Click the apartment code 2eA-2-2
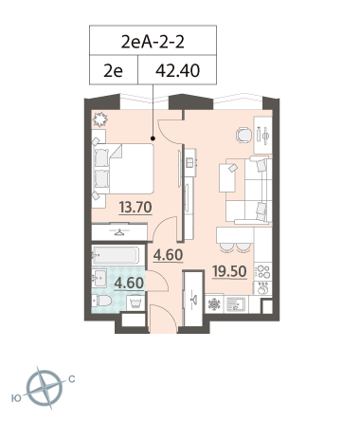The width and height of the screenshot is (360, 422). pos(153,42)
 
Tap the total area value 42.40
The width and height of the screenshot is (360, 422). pos(177,70)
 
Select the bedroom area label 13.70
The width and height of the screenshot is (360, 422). pos(135,208)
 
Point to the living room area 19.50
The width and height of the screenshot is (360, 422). pos(229,271)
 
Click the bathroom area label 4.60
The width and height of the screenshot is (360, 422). pos(129,283)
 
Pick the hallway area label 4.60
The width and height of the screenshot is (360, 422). pos(168,255)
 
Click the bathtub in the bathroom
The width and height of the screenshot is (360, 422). pos(116,255)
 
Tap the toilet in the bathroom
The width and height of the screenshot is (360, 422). pos(101,301)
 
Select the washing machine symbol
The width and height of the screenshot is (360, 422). pos(135,303)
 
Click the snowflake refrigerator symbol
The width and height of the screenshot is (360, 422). pos(214,304)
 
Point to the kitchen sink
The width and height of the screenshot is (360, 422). pos(236,304)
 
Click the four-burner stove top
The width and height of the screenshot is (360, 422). pos(263,271)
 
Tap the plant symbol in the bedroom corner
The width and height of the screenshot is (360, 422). pos(100,119)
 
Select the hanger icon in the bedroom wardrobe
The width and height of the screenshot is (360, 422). pos(119,232)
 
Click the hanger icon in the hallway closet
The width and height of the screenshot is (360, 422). pos(193,299)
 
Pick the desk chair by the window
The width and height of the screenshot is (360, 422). pos(243,135)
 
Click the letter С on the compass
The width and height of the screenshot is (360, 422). pos(72,379)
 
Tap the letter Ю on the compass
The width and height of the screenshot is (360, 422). pos(17,398)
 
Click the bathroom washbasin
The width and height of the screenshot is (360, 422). pos(99,278)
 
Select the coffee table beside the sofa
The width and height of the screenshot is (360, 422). pos(228,177)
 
